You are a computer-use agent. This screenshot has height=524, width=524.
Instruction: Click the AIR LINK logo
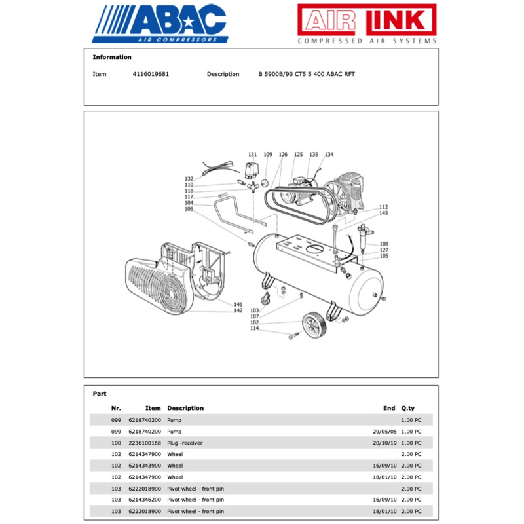[367, 24]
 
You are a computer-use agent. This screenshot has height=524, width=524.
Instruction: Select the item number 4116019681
[151, 74]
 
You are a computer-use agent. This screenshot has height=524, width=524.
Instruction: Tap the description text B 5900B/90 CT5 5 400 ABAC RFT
[307, 74]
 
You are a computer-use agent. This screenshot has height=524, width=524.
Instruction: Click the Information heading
[112, 57]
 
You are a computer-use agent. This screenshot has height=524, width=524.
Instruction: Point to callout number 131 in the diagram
[252, 155]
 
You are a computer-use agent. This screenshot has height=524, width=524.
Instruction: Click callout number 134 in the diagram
[329, 155]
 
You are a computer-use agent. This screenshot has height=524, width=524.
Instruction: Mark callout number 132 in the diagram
[189, 179]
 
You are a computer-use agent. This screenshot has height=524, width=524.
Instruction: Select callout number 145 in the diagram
[383, 213]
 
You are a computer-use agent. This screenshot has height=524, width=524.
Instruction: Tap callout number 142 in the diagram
[238, 310]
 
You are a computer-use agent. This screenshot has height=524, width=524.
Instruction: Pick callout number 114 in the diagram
[254, 329]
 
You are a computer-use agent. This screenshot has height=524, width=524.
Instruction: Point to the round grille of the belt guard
[157, 289]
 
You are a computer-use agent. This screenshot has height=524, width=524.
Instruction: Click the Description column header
[185, 408]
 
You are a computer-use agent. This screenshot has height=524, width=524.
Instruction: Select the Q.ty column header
[407, 408]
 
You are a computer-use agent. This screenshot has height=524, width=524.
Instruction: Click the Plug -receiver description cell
[185, 443]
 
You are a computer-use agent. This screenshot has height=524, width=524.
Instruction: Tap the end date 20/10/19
[383, 443]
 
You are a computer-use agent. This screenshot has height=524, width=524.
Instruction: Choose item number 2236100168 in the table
[145, 443]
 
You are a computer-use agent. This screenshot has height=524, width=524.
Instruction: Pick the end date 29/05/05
[383, 432]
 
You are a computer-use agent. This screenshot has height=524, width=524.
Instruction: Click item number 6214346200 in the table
[145, 500]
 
